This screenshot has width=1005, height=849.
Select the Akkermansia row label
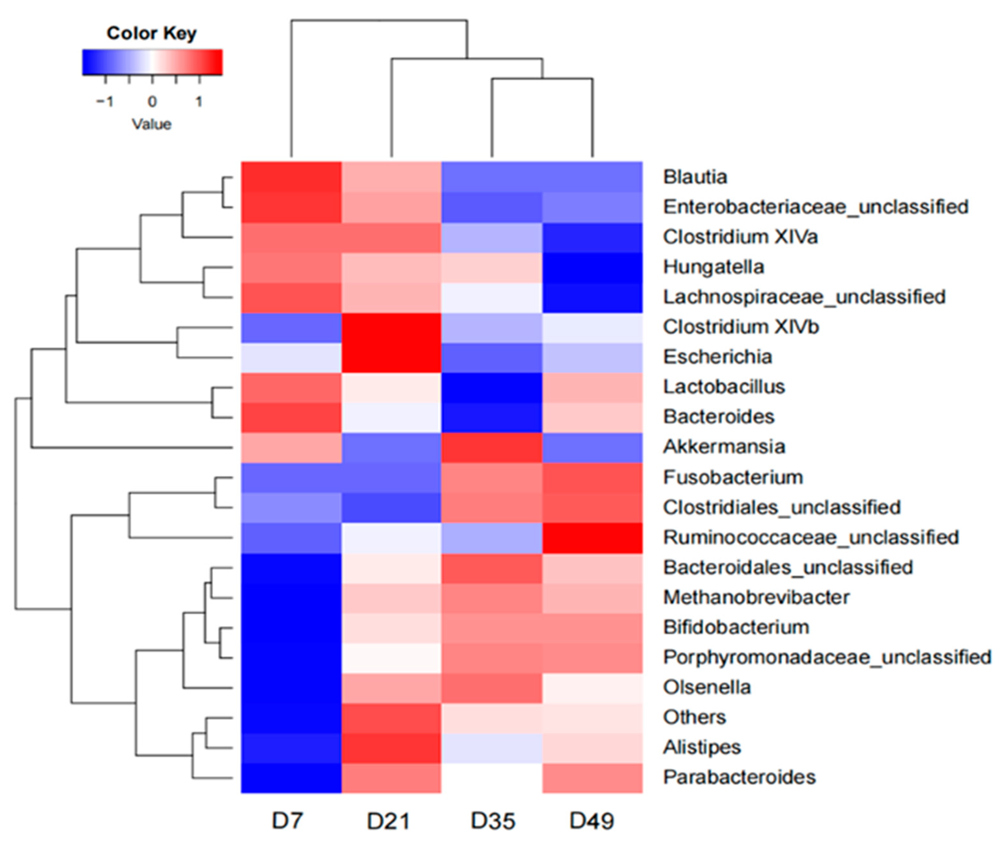tap(724, 447)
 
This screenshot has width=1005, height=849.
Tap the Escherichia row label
tap(717, 357)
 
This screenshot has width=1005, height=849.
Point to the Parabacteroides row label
tap(740, 777)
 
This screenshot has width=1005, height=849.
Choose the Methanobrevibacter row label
tap(756, 597)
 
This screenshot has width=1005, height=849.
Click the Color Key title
tap(152, 33)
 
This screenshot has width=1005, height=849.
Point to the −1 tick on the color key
tap(105, 101)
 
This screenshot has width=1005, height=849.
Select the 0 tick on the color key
tap(152, 101)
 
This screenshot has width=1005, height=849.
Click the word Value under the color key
tap(152, 124)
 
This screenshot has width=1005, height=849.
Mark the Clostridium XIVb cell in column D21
tap(391, 327)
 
